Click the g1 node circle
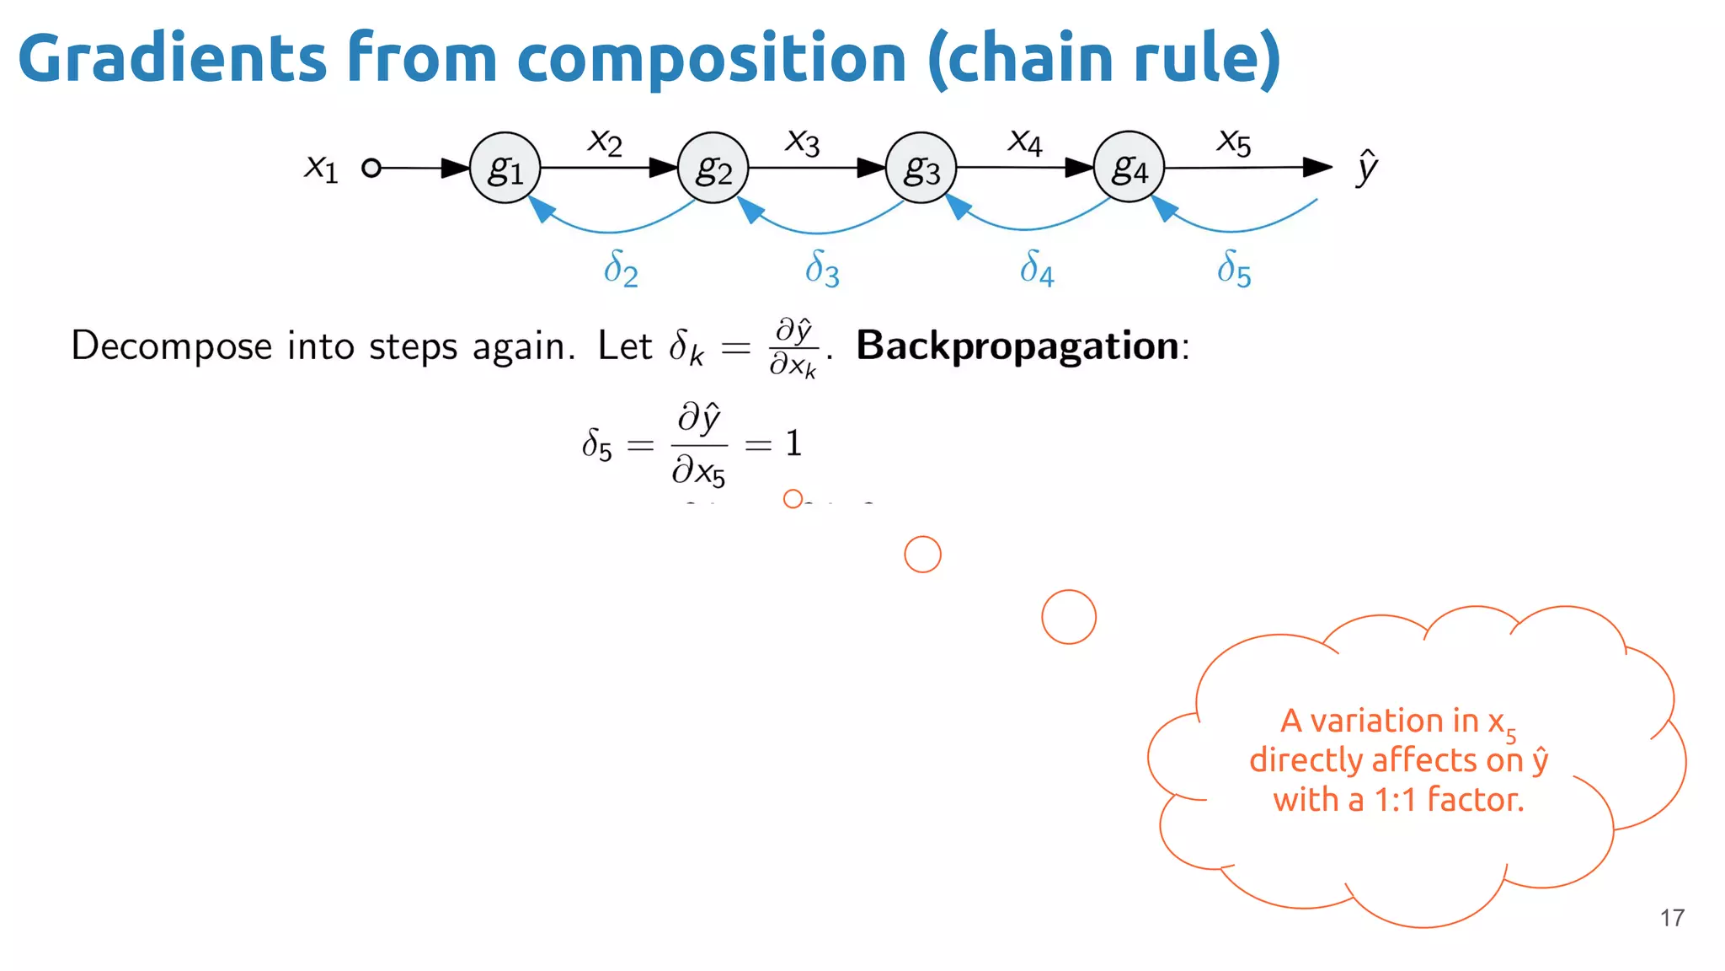click(x=505, y=168)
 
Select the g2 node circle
click(x=713, y=168)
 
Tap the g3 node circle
click(x=921, y=168)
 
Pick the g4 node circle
click(x=1129, y=167)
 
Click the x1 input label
click(x=321, y=167)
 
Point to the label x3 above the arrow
click(x=802, y=141)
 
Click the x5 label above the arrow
click(x=1234, y=141)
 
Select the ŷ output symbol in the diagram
click(x=1366, y=167)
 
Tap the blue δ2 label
click(x=621, y=269)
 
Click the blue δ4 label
click(x=1036, y=269)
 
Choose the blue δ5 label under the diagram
click(x=1234, y=269)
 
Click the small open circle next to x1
click(x=371, y=168)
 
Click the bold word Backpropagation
click(x=1017, y=346)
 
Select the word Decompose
click(x=171, y=346)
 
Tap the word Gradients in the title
click(x=172, y=58)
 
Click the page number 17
click(x=1672, y=918)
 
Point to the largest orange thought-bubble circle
click(x=1068, y=617)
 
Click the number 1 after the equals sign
click(x=793, y=443)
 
